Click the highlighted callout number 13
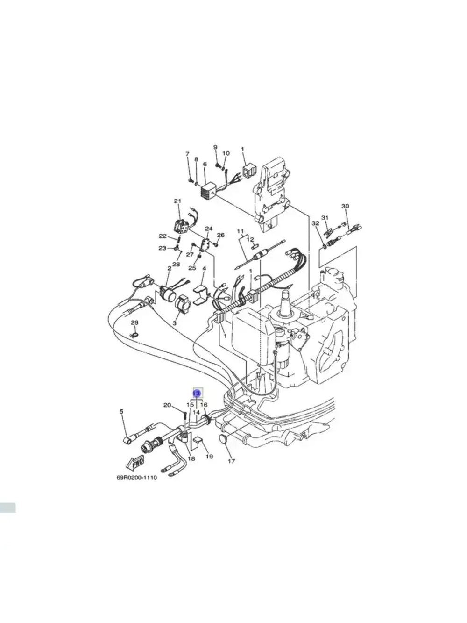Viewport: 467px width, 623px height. tap(197, 394)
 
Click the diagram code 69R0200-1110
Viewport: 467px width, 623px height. tap(136, 478)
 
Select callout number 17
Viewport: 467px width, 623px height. tap(232, 461)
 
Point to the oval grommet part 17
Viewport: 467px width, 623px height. tap(224, 439)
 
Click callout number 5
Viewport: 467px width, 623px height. tap(122, 412)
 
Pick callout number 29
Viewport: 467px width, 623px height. tap(134, 322)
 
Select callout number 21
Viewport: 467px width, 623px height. tap(177, 201)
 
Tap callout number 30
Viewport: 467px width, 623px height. tap(345, 206)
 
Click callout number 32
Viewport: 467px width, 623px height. tap(315, 223)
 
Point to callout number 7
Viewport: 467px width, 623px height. tap(187, 154)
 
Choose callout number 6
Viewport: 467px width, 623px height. tap(205, 165)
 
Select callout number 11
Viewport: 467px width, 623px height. tap(241, 232)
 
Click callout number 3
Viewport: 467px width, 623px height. tap(176, 323)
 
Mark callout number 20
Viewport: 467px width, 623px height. tap(167, 405)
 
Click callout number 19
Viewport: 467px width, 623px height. tap(209, 456)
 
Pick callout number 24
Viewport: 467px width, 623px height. tap(209, 229)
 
